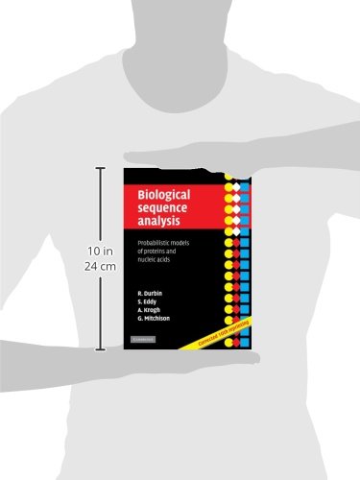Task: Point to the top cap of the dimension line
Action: [x=103, y=170]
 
